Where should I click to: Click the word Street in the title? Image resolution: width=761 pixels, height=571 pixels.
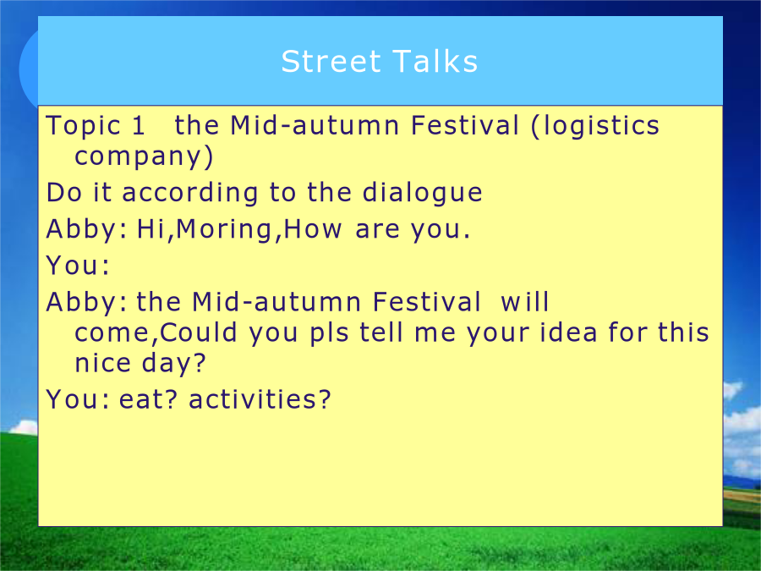point(331,62)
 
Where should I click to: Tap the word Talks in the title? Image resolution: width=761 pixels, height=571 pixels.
point(435,62)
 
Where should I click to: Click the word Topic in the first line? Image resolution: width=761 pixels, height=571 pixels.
point(83,127)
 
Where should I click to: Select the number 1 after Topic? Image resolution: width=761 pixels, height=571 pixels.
point(139,126)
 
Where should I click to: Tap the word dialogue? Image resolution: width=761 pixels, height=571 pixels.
point(422,194)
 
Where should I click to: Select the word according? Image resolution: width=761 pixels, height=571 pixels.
point(189,194)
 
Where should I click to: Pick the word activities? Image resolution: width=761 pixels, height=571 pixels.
point(260,400)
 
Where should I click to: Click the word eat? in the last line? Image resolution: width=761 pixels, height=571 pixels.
point(149,400)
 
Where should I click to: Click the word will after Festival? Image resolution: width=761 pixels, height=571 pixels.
point(524,302)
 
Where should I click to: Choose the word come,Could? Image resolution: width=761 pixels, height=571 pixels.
point(156,333)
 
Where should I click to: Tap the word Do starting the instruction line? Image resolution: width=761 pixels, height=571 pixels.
point(64,193)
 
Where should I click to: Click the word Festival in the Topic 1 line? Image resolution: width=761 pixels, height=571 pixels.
point(465,126)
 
